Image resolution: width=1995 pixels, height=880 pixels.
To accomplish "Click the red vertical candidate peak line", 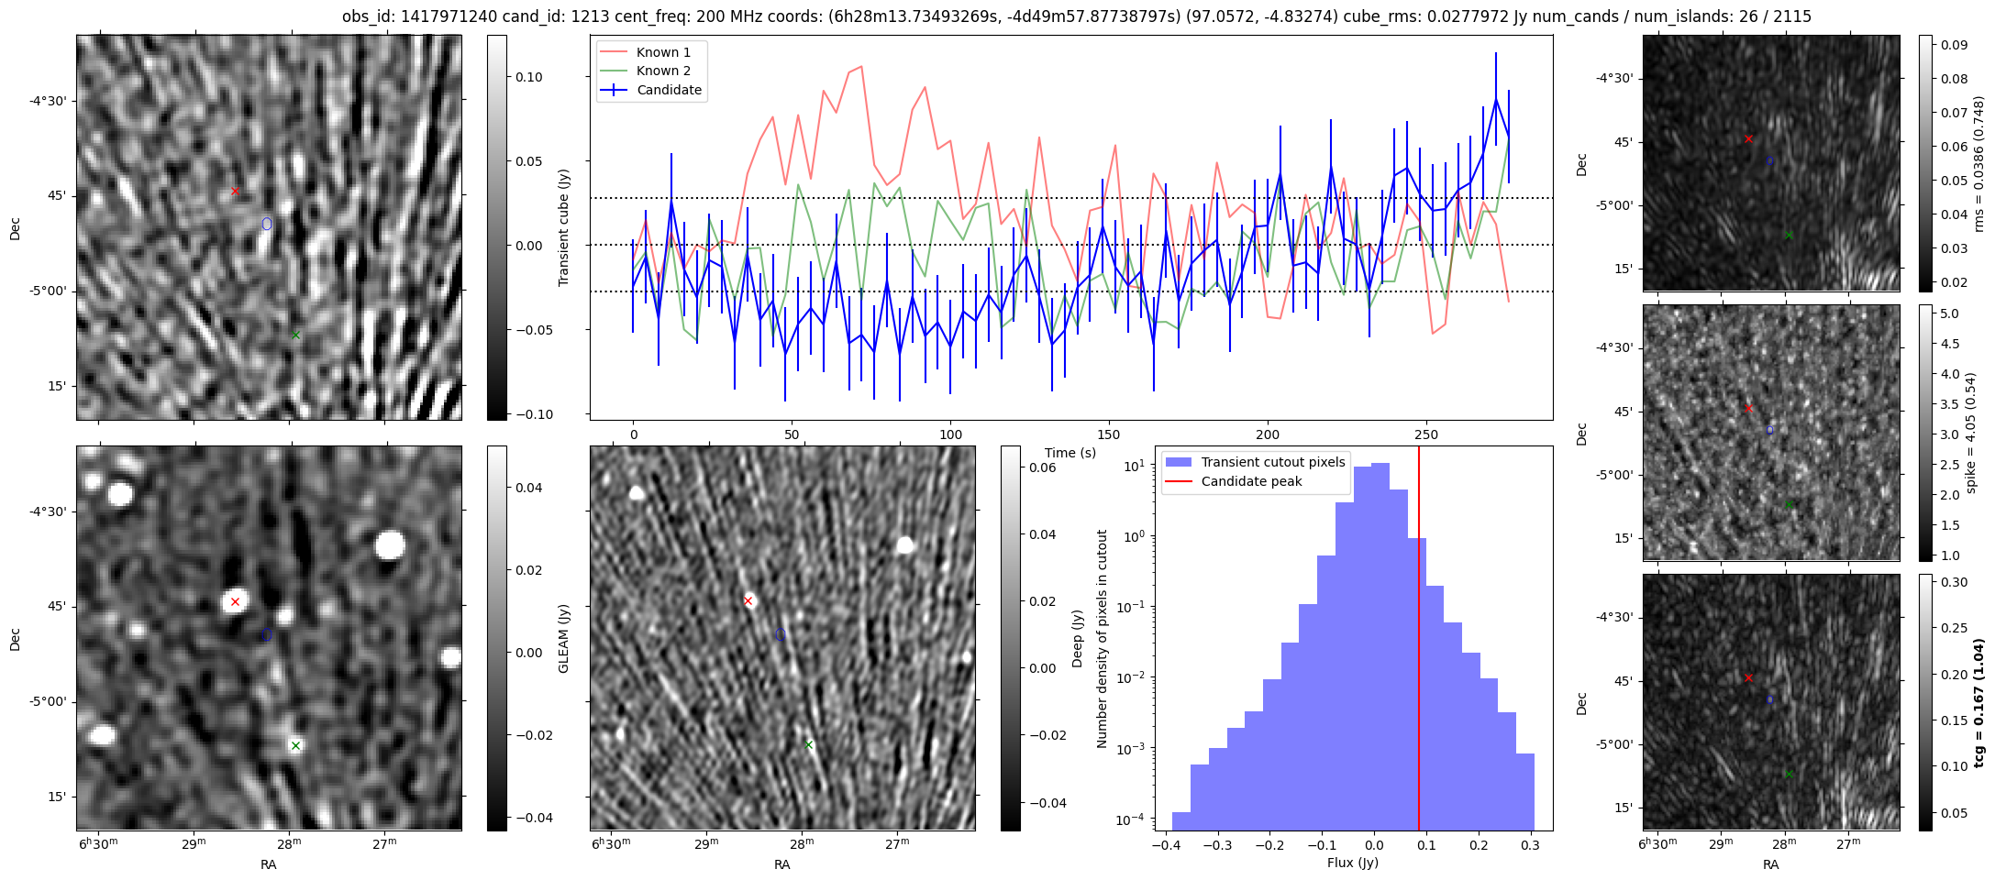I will [x=1419, y=642].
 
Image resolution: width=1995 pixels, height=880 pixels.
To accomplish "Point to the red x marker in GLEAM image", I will [x=235, y=601].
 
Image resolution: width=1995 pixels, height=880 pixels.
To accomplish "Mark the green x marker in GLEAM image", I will [x=295, y=745].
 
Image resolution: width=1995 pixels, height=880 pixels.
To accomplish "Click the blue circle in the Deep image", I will [x=781, y=634].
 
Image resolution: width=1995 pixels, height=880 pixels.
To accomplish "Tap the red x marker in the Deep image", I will [x=748, y=601].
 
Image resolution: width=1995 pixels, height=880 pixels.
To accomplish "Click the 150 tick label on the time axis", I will [x=1108, y=434].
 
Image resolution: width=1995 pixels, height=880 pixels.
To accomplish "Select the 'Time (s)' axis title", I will [x=1070, y=453].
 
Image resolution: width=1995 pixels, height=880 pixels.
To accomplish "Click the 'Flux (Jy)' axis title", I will [x=1352, y=863].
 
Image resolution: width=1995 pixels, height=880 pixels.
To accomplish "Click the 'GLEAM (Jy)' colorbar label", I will [x=563, y=638].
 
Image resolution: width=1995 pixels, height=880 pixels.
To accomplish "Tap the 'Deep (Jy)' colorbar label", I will [x=1077, y=638].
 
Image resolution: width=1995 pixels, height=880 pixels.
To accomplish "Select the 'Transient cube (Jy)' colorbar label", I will [x=563, y=227].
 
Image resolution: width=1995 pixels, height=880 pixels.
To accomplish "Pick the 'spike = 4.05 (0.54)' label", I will [x=1970, y=433].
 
